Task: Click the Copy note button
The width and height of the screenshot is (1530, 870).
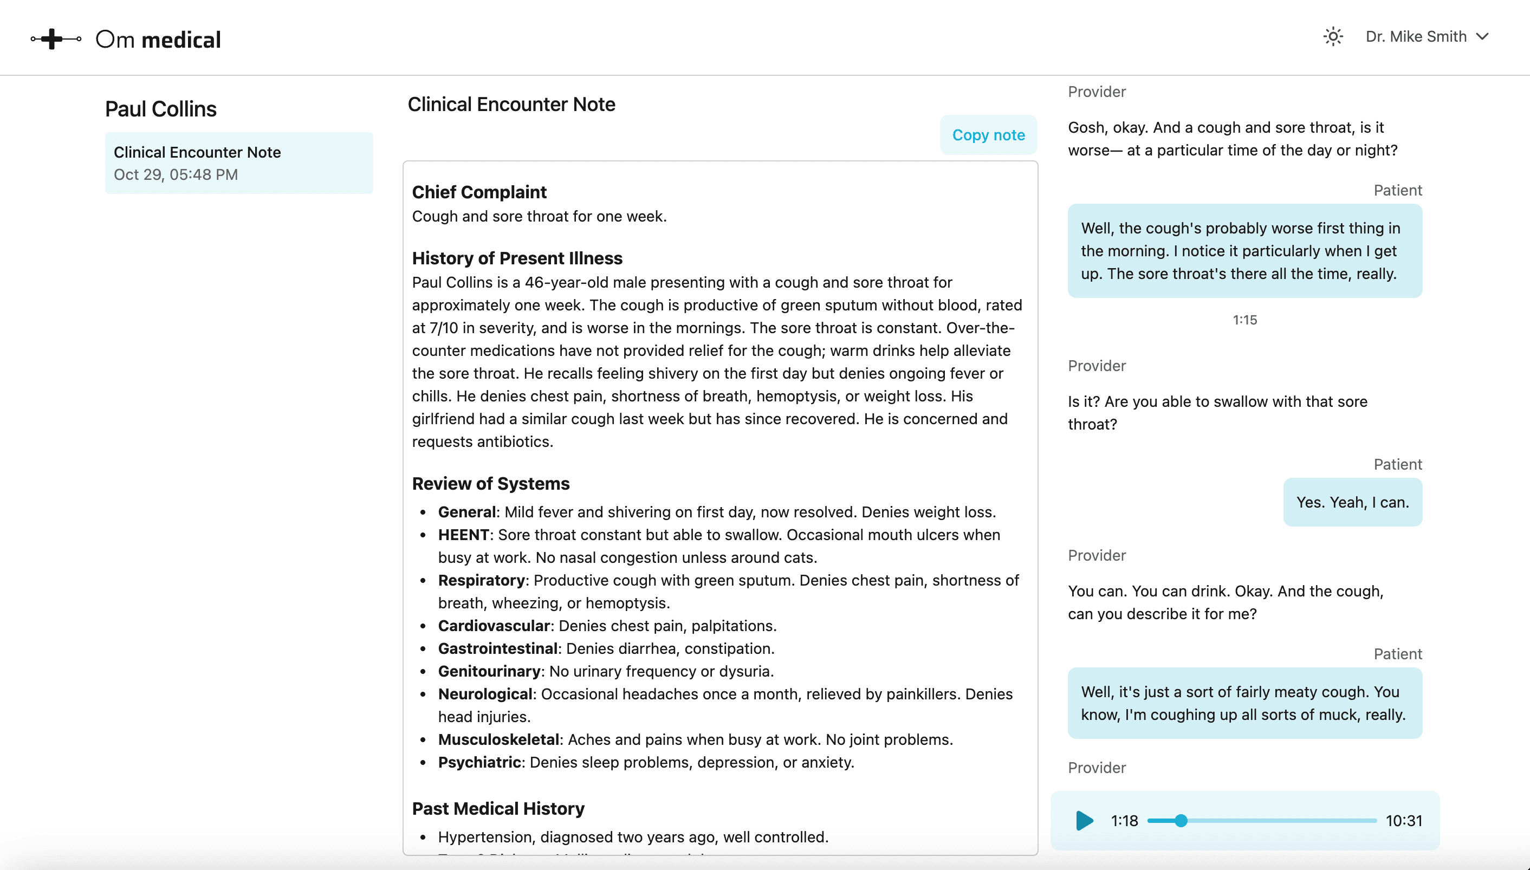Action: (988, 135)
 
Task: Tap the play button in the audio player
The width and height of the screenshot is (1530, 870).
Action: (1084, 820)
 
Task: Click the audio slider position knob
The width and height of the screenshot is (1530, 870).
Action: (1181, 820)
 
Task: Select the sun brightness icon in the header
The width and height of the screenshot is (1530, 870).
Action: (1333, 36)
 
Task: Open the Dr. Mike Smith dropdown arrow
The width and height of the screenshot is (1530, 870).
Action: (1482, 36)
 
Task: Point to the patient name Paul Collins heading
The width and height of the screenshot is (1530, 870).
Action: (161, 109)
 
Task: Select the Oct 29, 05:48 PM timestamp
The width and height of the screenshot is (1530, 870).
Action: (176, 174)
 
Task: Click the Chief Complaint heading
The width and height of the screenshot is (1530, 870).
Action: (479, 192)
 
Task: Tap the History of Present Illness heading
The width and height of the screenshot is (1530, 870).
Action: (517, 258)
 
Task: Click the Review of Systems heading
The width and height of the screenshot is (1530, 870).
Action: (490, 483)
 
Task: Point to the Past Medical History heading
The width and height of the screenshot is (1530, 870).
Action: (498, 808)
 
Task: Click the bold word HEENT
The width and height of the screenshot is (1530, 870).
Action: (464, 535)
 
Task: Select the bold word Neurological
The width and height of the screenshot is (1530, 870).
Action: (484, 694)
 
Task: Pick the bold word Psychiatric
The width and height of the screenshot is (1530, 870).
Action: (479, 762)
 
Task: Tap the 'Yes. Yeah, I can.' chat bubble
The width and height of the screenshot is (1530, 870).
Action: (1352, 502)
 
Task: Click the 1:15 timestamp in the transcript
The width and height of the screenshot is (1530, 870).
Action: (1244, 320)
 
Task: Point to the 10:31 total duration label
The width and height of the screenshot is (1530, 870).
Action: (1403, 820)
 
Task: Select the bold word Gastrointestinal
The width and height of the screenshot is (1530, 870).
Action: (498, 648)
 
